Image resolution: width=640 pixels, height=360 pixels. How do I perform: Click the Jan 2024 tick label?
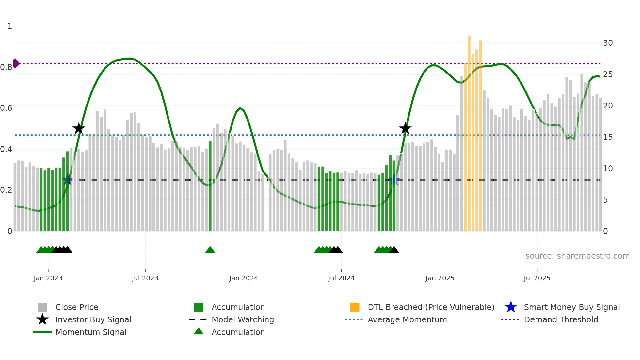coord(244,278)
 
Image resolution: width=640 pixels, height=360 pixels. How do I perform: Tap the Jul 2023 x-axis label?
coord(145,278)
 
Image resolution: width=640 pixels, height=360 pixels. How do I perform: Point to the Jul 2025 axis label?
coord(537,278)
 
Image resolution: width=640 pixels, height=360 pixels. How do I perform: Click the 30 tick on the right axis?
coord(608,43)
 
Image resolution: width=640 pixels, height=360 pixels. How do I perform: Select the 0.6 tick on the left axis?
coord(6,108)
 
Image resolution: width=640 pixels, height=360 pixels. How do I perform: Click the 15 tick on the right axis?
coord(608,137)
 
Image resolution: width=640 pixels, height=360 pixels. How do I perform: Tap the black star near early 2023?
coord(78,128)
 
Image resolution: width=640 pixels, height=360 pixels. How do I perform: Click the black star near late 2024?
coord(405,128)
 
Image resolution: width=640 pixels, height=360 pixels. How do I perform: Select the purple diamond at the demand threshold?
coord(16,63)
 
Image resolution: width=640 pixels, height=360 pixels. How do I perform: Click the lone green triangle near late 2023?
coord(210,250)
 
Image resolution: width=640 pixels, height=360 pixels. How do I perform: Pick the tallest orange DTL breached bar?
coord(469,131)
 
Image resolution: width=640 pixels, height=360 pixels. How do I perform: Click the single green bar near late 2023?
coord(210,186)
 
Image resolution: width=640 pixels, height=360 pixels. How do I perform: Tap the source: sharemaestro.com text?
coord(577,256)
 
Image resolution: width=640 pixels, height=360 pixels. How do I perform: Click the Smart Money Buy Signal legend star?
coord(511,307)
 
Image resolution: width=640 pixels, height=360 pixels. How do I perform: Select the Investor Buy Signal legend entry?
coord(93,319)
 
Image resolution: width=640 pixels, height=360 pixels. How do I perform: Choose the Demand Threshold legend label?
coord(561,319)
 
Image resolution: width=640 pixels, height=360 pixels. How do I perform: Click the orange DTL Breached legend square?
coord(355,307)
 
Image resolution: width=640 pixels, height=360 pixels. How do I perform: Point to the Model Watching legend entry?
coord(243,319)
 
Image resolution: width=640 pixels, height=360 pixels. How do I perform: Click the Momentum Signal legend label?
coord(91,332)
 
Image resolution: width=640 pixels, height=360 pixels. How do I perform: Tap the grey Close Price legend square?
coord(42,307)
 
